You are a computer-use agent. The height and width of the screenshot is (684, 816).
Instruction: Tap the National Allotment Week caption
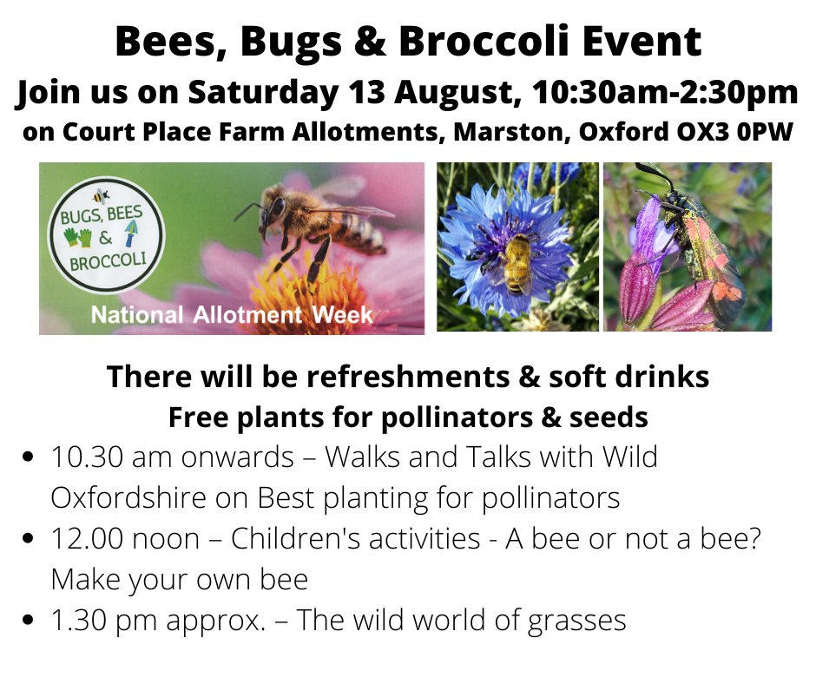[232, 313]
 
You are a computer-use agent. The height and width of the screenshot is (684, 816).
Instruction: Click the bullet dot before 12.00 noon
[31, 540]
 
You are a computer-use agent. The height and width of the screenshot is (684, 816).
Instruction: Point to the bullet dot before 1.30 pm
[31, 622]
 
